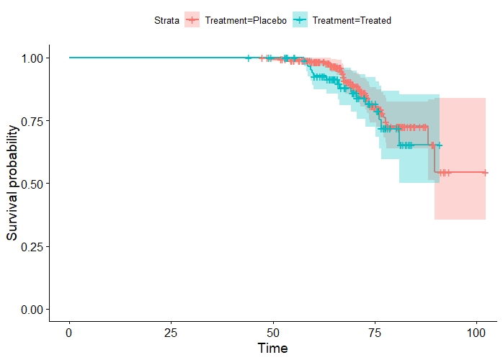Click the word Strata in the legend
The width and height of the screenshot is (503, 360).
(166, 21)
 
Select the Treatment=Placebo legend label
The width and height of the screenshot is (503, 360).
(246, 21)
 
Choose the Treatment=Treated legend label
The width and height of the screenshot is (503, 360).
(352, 21)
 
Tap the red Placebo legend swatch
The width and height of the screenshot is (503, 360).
(192, 21)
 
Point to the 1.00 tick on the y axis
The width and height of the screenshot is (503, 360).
(37, 58)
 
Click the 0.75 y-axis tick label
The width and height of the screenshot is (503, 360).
(37, 120)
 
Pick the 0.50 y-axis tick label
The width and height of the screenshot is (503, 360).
(37, 184)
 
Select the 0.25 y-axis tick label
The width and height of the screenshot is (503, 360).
(37, 246)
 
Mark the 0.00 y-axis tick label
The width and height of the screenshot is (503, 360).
(37, 310)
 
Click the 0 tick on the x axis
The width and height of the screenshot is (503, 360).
(69, 333)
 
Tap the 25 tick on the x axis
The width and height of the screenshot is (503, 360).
(171, 333)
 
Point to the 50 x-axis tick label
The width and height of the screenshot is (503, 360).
(273, 333)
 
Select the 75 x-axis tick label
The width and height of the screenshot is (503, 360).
(375, 333)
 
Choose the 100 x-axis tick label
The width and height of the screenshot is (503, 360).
(476, 333)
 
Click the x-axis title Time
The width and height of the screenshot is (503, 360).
(273, 349)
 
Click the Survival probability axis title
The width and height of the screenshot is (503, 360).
(13, 184)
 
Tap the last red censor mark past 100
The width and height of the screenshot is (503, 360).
(485, 173)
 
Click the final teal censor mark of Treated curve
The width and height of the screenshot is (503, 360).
(440, 145)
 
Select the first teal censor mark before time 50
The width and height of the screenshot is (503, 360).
(249, 58)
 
